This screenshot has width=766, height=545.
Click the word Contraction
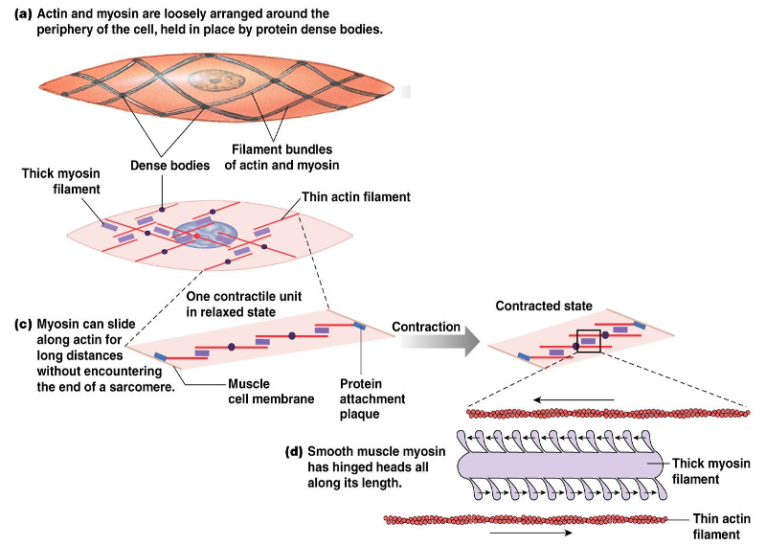coord(426,327)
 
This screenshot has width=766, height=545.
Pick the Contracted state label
coord(543,306)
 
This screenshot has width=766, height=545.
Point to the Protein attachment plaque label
coord(372,398)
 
